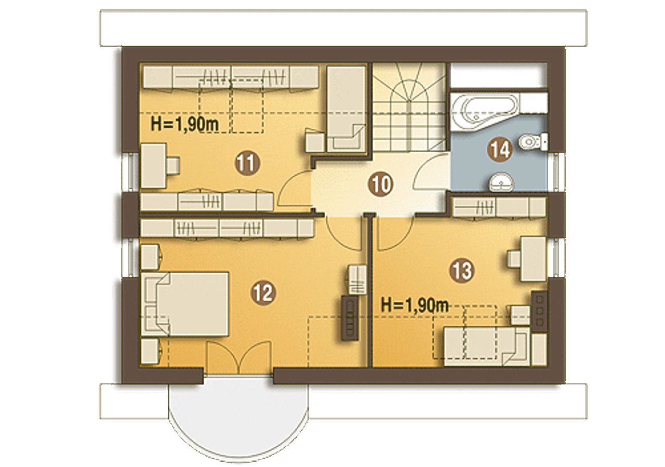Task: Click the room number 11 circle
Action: [247, 163]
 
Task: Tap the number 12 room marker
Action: [263, 292]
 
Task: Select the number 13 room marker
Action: [462, 270]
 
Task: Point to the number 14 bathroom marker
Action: [500, 150]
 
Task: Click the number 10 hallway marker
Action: [381, 184]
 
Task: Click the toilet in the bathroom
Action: [534, 141]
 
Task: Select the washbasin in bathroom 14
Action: [501, 182]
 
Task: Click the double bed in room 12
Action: [184, 304]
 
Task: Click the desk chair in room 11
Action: [173, 165]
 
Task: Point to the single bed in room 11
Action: [346, 109]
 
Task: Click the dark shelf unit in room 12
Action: [350, 318]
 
